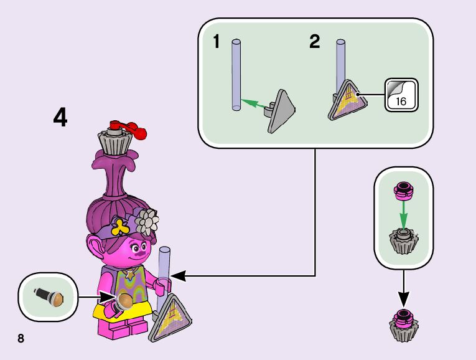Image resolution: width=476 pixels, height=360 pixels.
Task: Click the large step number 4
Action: coord(60,117)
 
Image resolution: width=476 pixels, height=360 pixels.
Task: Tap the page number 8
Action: coord(21,338)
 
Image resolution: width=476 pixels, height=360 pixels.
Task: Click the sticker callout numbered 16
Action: coord(400,95)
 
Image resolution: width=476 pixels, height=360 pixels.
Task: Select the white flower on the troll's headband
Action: coord(147,219)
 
